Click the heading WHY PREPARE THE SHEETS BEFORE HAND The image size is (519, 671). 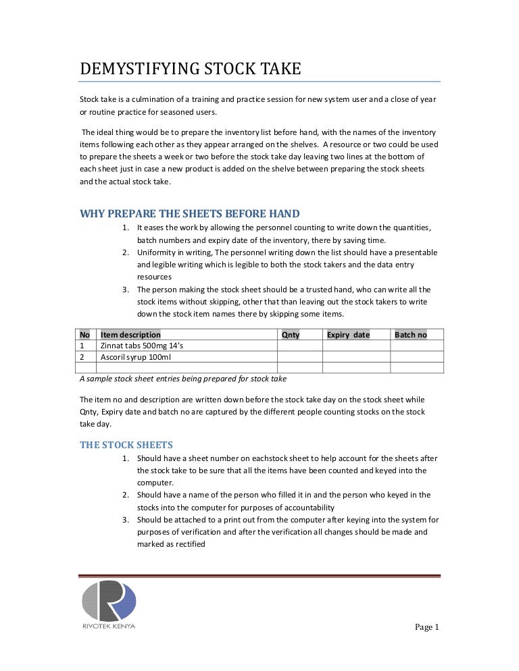pos(190,215)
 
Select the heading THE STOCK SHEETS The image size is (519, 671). pos(126,445)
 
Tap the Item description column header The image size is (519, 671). pos(130,335)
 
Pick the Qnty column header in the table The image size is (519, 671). pos(290,335)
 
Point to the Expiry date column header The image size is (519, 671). pos(348,335)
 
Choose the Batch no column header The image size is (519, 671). pos(411,335)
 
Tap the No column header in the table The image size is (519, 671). pos(85,335)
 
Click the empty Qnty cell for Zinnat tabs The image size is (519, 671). pos(299,346)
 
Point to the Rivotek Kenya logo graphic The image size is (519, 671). pos(109,600)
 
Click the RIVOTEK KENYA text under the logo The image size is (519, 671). pos(109,627)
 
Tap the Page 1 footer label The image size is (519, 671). pos(426,627)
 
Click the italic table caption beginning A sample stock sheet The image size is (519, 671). pos(183,379)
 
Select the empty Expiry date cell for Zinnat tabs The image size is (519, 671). pos(356,346)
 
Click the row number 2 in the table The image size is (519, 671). pos(82,356)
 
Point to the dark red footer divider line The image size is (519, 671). pos(259,576)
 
